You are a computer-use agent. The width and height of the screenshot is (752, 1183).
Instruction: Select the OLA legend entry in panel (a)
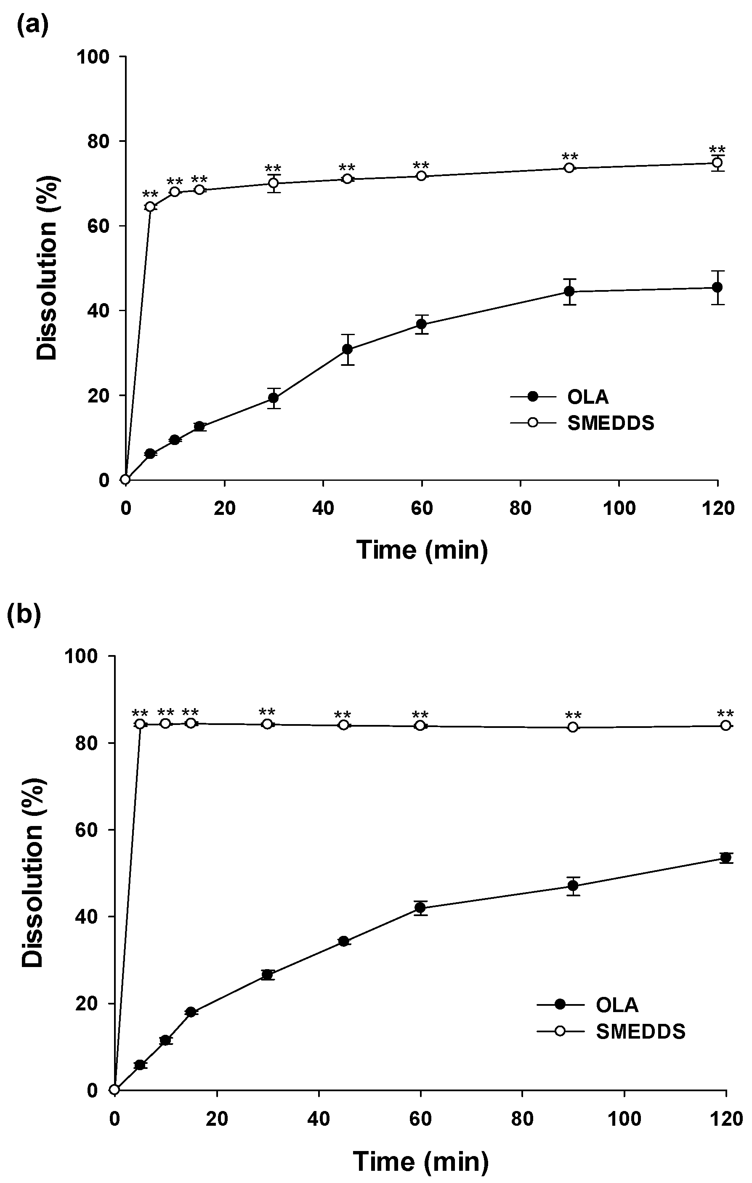click(x=587, y=397)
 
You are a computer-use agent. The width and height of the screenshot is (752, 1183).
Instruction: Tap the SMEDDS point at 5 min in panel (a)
click(x=150, y=207)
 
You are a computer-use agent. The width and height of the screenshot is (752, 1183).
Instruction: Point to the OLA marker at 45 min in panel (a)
click(x=347, y=349)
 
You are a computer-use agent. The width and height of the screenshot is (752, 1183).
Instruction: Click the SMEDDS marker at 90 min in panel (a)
click(x=569, y=168)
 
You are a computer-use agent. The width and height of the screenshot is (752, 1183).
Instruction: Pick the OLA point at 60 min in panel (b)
click(x=420, y=908)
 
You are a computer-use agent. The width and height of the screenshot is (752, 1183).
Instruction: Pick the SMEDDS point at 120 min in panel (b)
click(x=725, y=726)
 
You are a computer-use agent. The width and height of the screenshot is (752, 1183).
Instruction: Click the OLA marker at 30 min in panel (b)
click(x=267, y=975)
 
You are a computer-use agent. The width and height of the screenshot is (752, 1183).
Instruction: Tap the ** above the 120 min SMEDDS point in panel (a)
click(x=717, y=150)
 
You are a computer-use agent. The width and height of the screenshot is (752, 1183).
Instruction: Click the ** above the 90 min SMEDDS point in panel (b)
click(x=573, y=715)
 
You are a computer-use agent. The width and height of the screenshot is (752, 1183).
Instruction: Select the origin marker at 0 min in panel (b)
click(x=114, y=1090)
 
